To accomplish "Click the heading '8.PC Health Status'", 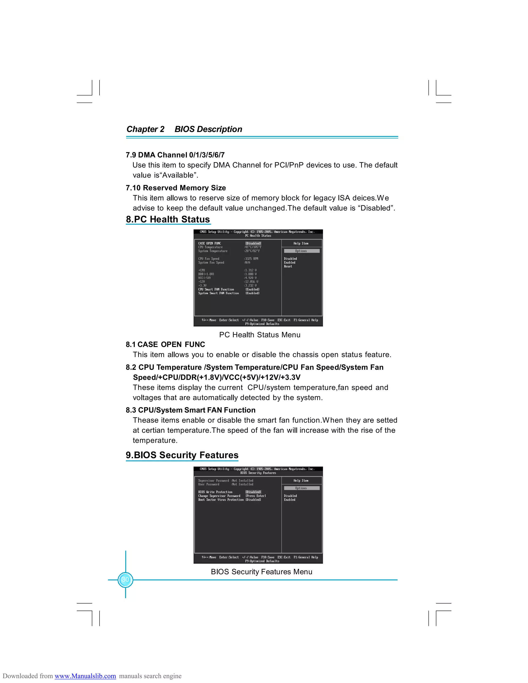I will click(x=168, y=219).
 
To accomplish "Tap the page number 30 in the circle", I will click(x=126, y=579).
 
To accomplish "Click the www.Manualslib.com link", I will click(x=85, y=676).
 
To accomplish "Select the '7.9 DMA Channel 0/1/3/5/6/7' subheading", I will click(x=175, y=155).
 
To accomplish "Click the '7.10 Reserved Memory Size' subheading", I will click(x=176, y=188).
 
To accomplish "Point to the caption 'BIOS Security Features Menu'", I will click(x=261, y=572).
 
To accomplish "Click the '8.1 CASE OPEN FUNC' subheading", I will click(x=165, y=344).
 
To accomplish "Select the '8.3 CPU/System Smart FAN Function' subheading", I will click(x=191, y=410).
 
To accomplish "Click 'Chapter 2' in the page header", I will click(x=145, y=129).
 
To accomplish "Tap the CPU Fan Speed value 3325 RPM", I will click(x=251, y=259).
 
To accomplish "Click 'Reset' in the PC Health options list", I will click(x=288, y=266).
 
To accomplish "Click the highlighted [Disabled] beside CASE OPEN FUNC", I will click(x=253, y=243).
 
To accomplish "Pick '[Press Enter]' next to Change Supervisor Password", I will click(x=255, y=496).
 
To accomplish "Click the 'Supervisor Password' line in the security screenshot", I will click(x=214, y=481).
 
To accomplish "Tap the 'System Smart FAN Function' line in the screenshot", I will click(x=218, y=293).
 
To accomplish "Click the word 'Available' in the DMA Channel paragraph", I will click(x=178, y=175).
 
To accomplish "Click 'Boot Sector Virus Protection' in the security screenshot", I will click(x=220, y=500).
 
